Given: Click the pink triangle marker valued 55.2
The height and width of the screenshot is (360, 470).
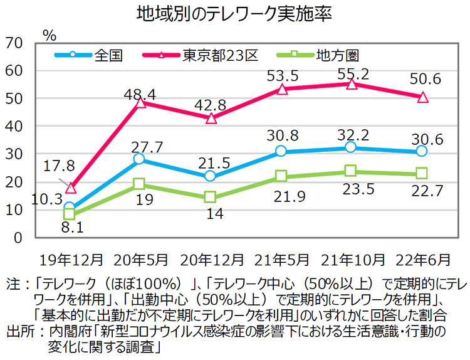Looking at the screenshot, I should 351,84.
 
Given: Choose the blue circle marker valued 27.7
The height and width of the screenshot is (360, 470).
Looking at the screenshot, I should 140,159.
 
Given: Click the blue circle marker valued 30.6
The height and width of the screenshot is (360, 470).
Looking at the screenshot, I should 422,151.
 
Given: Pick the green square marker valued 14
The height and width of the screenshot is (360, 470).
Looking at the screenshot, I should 211,198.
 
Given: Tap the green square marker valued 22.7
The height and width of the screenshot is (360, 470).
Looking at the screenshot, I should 422,173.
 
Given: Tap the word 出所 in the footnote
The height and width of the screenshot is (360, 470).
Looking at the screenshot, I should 18,331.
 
